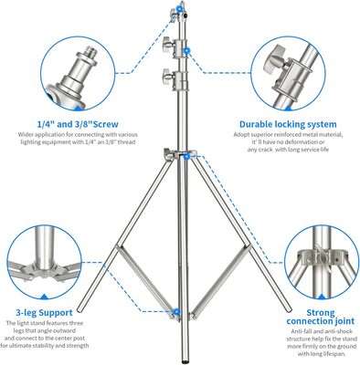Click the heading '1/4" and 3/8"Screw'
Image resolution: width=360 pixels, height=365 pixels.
point(78,124)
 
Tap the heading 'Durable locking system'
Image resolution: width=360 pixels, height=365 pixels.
point(288,124)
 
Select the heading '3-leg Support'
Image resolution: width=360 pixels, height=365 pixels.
point(44,313)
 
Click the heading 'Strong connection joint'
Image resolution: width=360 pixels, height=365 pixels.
point(321,317)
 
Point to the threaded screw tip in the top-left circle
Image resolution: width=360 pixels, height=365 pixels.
point(90,52)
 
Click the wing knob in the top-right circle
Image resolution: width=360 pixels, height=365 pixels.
point(275,60)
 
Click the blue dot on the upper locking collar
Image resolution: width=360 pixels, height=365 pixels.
point(186,51)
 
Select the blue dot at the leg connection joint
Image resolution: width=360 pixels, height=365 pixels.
point(186,156)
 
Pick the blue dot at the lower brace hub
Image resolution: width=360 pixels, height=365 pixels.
point(176,311)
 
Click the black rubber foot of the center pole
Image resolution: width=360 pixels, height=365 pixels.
point(185,361)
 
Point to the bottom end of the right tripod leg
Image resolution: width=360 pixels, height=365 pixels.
point(288,309)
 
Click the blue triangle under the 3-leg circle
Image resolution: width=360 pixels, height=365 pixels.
point(45,297)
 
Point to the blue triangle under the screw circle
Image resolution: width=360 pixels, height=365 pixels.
point(78,107)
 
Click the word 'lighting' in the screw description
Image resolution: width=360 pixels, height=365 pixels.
point(30,142)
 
